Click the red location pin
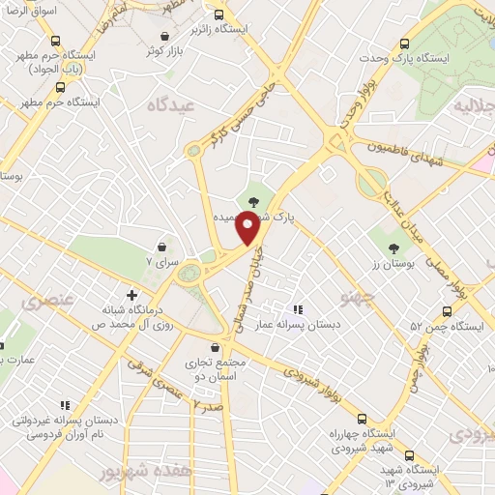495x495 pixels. (248, 228)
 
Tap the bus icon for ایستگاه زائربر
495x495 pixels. (220, 15)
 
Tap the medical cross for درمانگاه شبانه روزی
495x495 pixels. (132, 295)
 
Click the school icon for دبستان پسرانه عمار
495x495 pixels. (297, 309)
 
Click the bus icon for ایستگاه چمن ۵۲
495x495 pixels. (447, 311)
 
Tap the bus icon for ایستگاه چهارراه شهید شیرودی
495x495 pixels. (362, 419)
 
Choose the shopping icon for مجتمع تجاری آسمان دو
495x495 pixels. (216, 347)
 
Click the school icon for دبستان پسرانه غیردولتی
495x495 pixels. (65, 405)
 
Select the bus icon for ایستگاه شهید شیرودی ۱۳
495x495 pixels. (411, 454)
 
